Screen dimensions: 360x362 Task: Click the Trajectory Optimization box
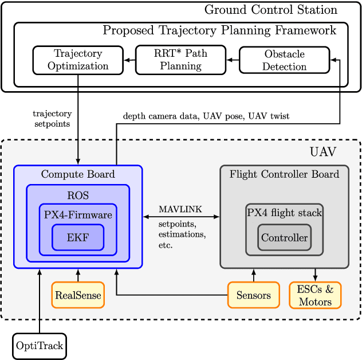click(x=78, y=60)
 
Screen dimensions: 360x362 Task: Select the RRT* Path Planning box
click(x=180, y=60)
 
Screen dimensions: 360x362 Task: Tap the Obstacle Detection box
click(x=284, y=60)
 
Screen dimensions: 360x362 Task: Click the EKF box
click(x=78, y=237)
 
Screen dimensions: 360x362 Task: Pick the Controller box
click(x=284, y=237)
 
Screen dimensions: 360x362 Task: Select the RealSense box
click(x=78, y=295)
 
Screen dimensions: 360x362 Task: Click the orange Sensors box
click(x=253, y=295)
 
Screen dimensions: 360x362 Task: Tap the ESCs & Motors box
click(x=315, y=295)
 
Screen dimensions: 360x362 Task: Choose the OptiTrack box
click(x=40, y=346)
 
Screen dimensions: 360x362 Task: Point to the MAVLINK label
click(x=180, y=209)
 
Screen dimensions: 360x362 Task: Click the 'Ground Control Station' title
click(x=270, y=10)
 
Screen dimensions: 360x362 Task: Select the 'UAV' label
click(x=323, y=152)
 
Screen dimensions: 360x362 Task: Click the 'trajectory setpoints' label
click(x=52, y=119)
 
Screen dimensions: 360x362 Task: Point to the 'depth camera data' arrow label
click(x=206, y=116)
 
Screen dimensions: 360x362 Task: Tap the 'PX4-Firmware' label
click(x=78, y=215)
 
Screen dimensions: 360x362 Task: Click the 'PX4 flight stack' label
click(x=284, y=213)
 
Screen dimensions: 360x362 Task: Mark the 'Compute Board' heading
click(x=78, y=174)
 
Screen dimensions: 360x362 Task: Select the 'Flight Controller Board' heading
click(x=284, y=174)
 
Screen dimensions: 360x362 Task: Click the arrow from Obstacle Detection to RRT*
click(x=232, y=60)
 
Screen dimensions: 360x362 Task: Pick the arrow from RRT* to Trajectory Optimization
click(x=129, y=60)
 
